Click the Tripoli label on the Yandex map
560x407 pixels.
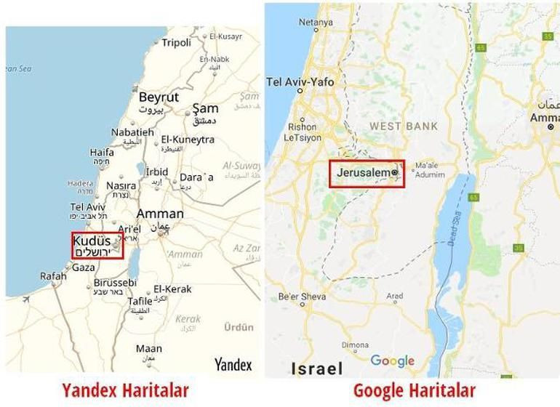pyautogui.click(x=176, y=42)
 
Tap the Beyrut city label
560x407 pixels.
pyautogui.click(x=159, y=97)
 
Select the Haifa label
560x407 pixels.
pyautogui.click(x=102, y=153)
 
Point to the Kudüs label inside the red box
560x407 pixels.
pyautogui.click(x=92, y=241)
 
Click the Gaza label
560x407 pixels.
pyautogui.click(x=83, y=267)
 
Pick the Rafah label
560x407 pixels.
pyautogui.click(x=53, y=275)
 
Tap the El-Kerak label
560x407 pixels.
pyautogui.click(x=172, y=289)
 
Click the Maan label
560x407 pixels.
pyautogui.click(x=149, y=349)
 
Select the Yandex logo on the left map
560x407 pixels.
pyautogui.click(x=233, y=364)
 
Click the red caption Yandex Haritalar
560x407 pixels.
pyautogui.click(x=125, y=390)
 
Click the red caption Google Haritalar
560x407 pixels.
pyautogui.click(x=414, y=390)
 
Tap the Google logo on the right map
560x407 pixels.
pyautogui.click(x=392, y=360)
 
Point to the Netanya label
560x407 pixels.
pyautogui.click(x=315, y=23)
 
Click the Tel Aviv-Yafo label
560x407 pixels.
pyautogui.click(x=300, y=82)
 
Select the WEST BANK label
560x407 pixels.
pyautogui.click(x=404, y=126)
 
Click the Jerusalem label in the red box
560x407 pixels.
pyautogui.click(x=364, y=173)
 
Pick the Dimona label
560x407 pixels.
pyautogui.click(x=355, y=345)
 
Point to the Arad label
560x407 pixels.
pyautogui.click(x=395, y=297)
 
